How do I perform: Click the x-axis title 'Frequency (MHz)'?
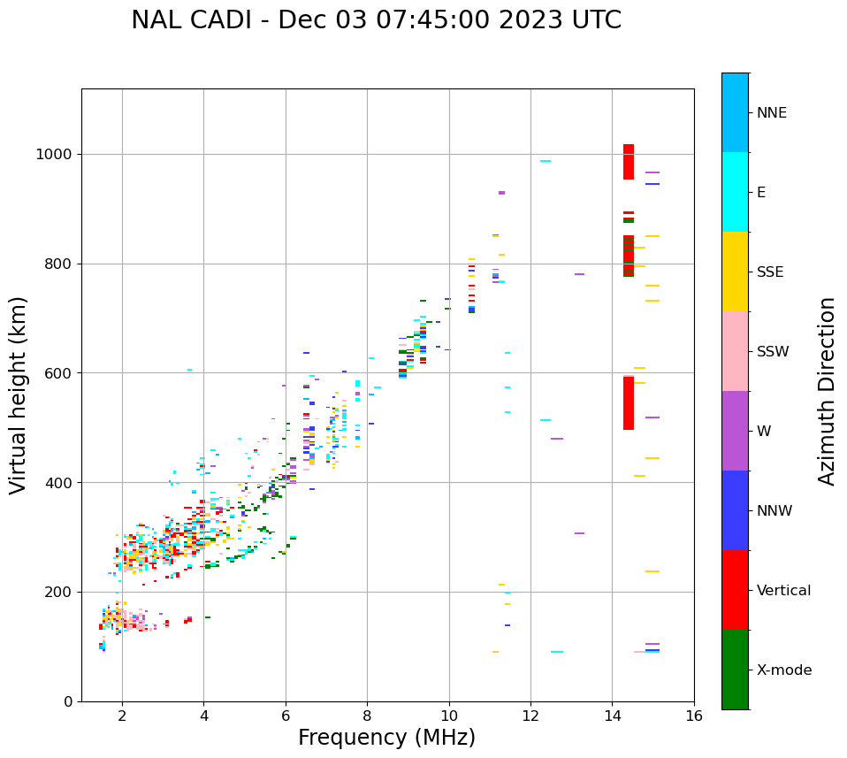pos(386,738)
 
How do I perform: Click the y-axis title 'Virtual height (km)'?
pos(19,394)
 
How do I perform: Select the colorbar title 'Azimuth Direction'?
pos(827,391)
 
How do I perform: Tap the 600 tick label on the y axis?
pos(59,373)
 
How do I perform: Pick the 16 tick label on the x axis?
pos(694,716)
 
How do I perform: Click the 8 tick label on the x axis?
pos(367,716)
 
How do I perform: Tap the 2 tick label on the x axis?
pos(122,716)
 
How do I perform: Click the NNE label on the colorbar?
pos(771,113)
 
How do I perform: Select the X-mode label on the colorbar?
pos(783,670)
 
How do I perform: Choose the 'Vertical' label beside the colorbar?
pos(783,591)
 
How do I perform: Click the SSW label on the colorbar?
pos(773,352)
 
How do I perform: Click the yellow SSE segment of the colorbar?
pos(735,272)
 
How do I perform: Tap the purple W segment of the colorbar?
pos(735,431)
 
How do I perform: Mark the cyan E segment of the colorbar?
pos(735,192)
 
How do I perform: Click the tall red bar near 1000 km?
pos(629,162)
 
